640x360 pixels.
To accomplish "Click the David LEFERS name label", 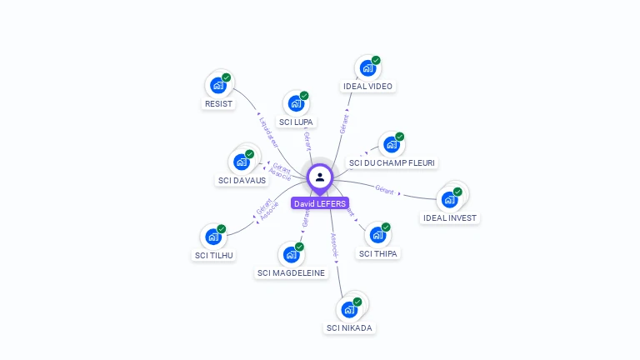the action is (x=319, y=203).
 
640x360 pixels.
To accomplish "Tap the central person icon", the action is (x=320, y=177).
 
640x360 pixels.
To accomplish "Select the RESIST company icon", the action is (x=218, y=85).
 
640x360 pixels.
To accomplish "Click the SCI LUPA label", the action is (x=297, y=122).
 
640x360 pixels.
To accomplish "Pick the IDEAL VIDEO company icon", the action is (x=367, y=68).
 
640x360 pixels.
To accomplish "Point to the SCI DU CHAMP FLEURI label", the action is (x=392, y=162).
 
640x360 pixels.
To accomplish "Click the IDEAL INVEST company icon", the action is (x=450, y=199).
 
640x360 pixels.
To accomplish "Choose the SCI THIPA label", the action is (x=378, y=253).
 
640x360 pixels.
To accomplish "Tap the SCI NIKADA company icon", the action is (x=350, y=309).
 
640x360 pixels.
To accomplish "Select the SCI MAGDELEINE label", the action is (x=292, y=272).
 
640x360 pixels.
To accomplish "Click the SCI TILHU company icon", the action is (x=213, y=237).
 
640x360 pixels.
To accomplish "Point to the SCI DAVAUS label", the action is (x=242, y=180).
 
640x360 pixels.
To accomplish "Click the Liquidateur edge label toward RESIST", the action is (x=268, y=132).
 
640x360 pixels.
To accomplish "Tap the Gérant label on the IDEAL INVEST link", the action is (x=384, y=190).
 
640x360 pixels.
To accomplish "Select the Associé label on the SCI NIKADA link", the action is (x=334, y=243).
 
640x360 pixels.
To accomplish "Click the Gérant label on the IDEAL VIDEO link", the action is (x=343, y=122).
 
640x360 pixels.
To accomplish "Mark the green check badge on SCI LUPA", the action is (x=304, y=96).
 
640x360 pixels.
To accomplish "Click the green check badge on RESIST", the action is (x=227, y=77).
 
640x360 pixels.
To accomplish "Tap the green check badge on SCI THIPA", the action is (x=386, y=227).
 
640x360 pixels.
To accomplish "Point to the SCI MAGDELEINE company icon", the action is (x=292, y=253).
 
